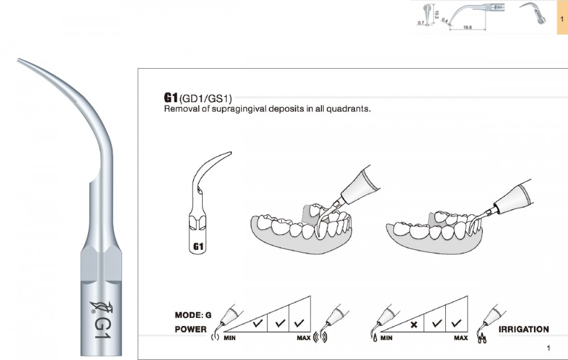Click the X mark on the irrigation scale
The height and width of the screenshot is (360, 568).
coord(414,325)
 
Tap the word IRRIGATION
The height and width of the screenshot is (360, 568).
coord(523,329)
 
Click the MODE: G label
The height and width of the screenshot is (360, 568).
coord(193,315)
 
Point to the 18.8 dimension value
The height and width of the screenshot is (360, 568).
coord(469,26)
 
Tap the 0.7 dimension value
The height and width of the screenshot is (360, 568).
coord(421,23)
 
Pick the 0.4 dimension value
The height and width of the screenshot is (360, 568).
coord(445,21)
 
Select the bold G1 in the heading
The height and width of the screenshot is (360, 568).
coord(171,97)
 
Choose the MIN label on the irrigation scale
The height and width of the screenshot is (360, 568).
coord(387,338)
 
